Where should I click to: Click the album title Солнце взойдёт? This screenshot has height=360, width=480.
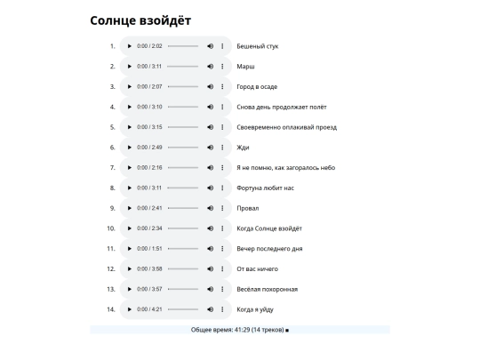click(x=140, y=20)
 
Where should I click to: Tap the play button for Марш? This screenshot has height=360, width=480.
click(x=129, y=67)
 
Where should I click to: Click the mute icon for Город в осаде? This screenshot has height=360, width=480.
click(x=210, y=87)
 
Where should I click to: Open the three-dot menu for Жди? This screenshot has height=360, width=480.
click(x=222, y=148)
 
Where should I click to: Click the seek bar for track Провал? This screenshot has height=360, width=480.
click(x=183, y=209)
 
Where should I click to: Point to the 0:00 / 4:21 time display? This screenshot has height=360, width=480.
click(x=149, y=310)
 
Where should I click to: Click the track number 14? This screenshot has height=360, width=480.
click(x=111, y=310)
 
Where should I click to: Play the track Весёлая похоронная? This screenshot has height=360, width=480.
click(x=129, y=290)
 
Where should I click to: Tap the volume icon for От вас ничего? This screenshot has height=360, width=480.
click(x=210, y=269)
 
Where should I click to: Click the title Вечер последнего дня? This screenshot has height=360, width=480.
click(x=269, y=249)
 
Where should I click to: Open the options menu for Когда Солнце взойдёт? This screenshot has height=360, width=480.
click(x=222, y=228)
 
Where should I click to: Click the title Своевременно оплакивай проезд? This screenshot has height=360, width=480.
click(x=286, y=127)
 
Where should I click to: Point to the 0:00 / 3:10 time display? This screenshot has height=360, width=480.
click(x=149, y=107)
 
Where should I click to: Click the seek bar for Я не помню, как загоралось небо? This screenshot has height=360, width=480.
click(x=183, y=168)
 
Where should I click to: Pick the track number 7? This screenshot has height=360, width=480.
click(x=113, y=168)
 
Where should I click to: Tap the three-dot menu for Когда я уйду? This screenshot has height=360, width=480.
click(x=222, y=310)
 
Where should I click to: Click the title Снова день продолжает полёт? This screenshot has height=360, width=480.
click(x=282, y=107)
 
